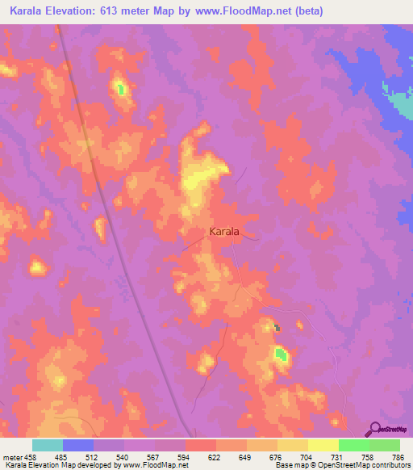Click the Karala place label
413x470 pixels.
[x=223, y=232]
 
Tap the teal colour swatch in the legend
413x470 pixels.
[x=48, y=445]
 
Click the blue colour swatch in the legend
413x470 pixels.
[x=78, y=445]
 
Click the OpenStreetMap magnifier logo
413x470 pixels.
[x=374, y=429]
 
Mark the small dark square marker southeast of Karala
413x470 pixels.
[x=277, y=327]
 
